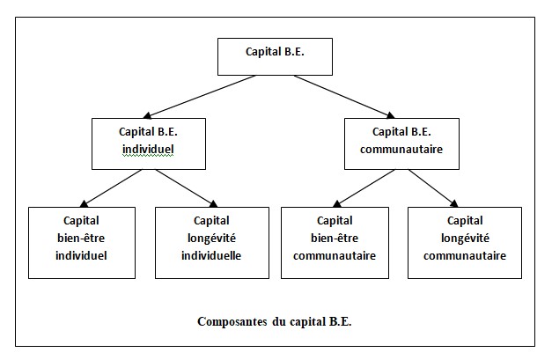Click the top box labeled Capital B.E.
(275, 56)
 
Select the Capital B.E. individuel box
(149, 143)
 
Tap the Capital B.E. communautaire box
(401, 143)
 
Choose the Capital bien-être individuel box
(82, 243)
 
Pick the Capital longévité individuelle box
(212, 243)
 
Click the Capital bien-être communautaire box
(335, 243)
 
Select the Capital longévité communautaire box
(465, 243)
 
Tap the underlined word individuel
(148, 150)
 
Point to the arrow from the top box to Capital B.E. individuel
(200, 97)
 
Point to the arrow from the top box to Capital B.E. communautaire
(344, 97)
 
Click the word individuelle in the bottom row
(211, 255)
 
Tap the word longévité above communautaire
(465, 239)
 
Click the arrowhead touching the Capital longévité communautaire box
(454, 203)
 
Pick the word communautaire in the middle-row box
(401, 150)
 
